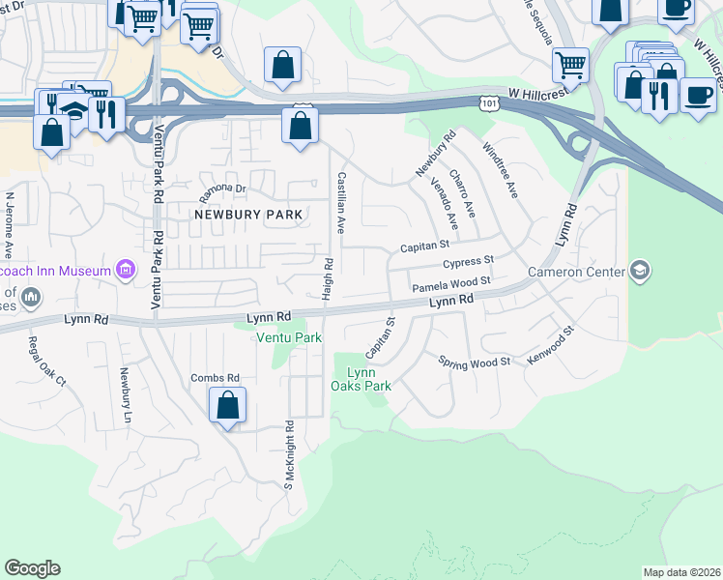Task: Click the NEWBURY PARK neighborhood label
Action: tap(248, 214)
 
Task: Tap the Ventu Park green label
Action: tap(288, 337)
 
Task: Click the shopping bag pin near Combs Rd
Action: tap(227, 406)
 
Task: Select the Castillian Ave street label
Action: tap(340, 203)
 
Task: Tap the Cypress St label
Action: tap(468, 262)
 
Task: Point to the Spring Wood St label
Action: tap(474, 362)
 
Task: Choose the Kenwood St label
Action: tap(551, 344)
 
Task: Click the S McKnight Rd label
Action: tap(288, 454)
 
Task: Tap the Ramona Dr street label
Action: tap(223, 188)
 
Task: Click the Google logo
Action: tap(33, 568)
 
